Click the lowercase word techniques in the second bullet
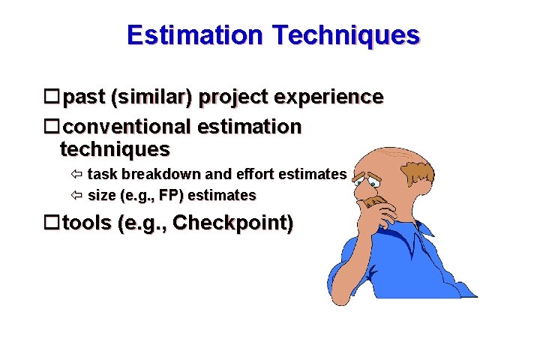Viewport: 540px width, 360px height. click(115, 149)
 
